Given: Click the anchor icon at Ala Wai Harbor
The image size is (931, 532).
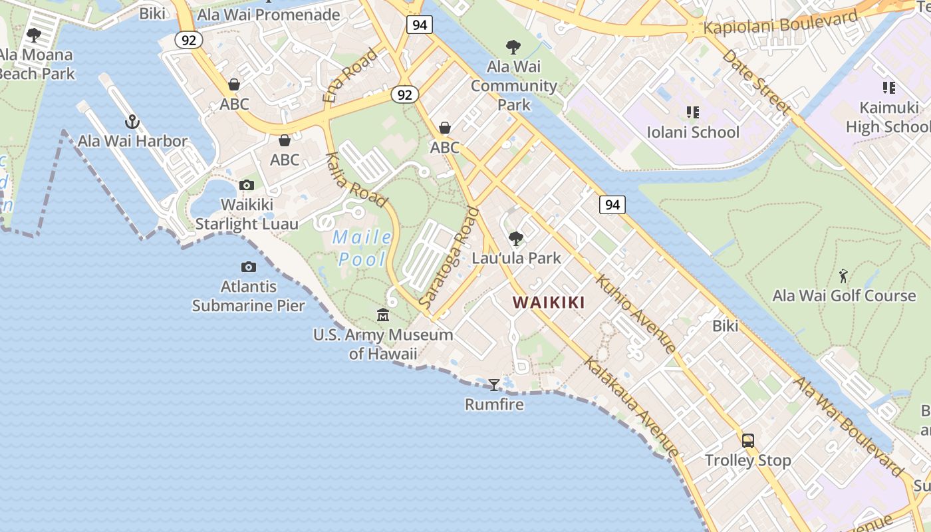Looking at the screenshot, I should click(132, 122).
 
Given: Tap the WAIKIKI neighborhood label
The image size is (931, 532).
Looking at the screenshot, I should click(549, 303).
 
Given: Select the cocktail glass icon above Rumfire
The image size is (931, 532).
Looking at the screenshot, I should click(494, 384).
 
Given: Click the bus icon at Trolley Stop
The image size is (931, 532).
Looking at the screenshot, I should click(748, 440).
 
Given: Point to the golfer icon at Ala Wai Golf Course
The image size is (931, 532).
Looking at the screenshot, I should click(844, 276).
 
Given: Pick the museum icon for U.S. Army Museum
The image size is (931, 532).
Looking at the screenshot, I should click(383, 315).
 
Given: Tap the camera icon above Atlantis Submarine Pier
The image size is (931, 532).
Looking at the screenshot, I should click(249, 267).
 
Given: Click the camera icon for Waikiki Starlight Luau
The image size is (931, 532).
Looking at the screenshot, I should click(247, 185).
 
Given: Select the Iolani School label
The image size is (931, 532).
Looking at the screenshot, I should click(693, 132).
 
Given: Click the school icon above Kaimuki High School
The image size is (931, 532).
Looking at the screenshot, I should click(889, 88).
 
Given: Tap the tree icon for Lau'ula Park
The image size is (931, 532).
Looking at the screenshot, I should click(516, 238).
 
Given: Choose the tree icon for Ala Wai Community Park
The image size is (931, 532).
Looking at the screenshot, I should click(513, 47).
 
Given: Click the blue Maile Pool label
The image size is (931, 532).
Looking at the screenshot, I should click(362, 247).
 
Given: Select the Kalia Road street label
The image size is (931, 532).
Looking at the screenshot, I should click(356, 180).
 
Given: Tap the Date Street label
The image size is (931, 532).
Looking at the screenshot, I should click(757, 81).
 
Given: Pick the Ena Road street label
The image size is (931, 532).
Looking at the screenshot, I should click(350, 75).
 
